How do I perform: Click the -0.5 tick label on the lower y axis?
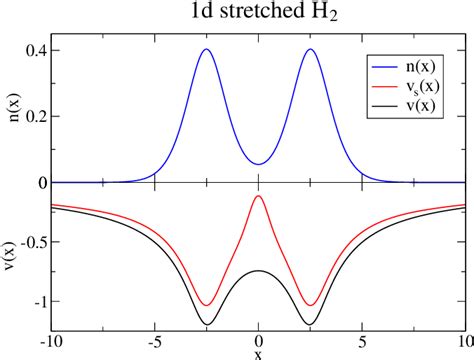tap(32, 241)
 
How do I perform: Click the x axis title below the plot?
tap(258, 353)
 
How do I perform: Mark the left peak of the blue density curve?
tap(206, 49)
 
